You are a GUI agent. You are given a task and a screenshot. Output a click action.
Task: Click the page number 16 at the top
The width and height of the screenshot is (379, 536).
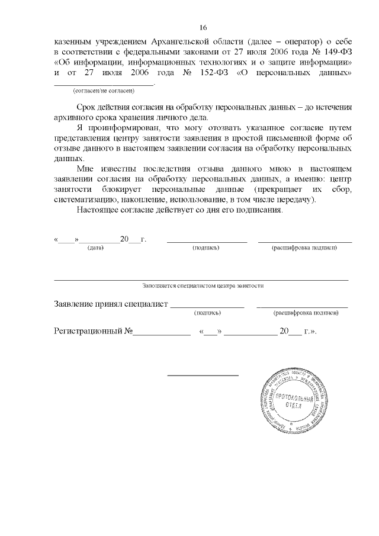[203, 28]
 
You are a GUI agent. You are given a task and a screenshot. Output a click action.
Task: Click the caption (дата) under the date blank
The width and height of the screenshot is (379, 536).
[95, 248]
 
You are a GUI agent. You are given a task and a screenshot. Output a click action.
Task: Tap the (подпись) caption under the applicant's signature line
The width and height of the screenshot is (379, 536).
[206, 248]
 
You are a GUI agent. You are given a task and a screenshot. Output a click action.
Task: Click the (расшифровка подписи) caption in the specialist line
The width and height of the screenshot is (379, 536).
[304, 312]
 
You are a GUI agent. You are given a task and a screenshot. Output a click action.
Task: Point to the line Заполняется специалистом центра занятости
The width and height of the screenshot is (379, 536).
[203, 285]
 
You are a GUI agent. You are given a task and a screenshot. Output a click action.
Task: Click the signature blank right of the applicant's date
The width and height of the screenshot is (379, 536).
[206, 240]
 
